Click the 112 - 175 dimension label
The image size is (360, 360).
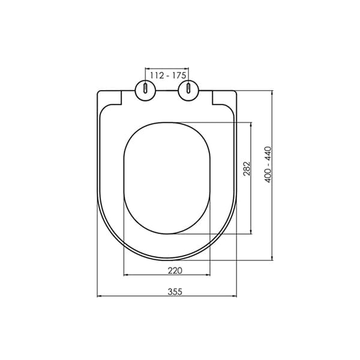[167, 75]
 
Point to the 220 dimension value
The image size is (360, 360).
[175, 270]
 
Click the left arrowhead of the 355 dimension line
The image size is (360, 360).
[100, 296]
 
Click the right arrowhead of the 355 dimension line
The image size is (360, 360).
[234, 296]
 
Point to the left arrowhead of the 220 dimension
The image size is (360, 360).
[125, 275]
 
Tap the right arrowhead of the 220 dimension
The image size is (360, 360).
[209, 275]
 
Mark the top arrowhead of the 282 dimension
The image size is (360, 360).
[251, 125]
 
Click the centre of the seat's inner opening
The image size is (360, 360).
[167, 178]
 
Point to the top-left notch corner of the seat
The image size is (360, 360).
[122, 92]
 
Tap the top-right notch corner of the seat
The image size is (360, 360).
[212, 92]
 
